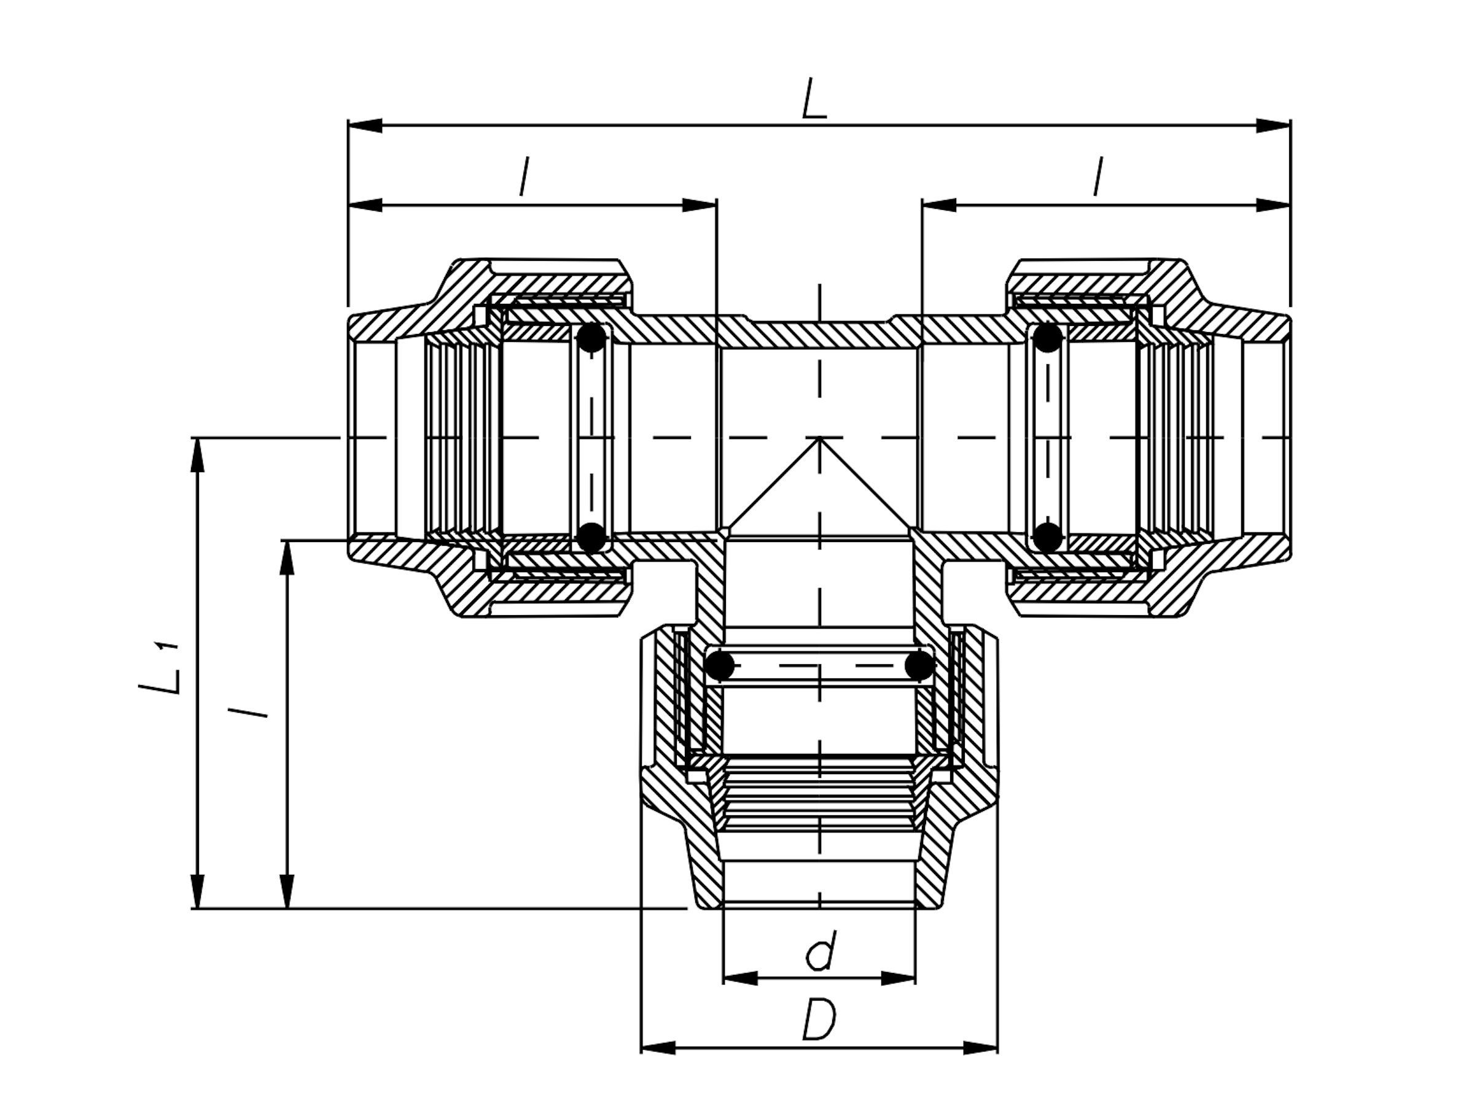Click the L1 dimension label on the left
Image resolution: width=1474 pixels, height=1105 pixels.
click(160, 669)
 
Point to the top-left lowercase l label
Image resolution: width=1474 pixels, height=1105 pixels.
click(524, 177)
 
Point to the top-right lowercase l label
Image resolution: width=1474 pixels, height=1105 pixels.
click(1098, 177)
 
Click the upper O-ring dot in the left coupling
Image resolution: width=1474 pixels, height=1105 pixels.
click(591, 338)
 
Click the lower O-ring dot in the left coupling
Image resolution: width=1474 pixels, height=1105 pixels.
click(591, 537)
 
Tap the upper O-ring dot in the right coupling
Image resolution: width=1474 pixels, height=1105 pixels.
click(1048, 338)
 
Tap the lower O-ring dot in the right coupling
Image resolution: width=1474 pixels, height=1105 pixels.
click(1048, 537)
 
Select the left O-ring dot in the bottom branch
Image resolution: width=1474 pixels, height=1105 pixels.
click(720, 665)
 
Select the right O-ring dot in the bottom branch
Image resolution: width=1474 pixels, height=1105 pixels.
click(919, 665)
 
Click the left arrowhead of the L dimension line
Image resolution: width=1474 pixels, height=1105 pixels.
click(365, 126)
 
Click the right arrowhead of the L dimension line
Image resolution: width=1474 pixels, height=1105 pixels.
click(1273, 126)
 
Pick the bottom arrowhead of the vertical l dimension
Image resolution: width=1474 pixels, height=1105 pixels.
click(287, 891)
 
